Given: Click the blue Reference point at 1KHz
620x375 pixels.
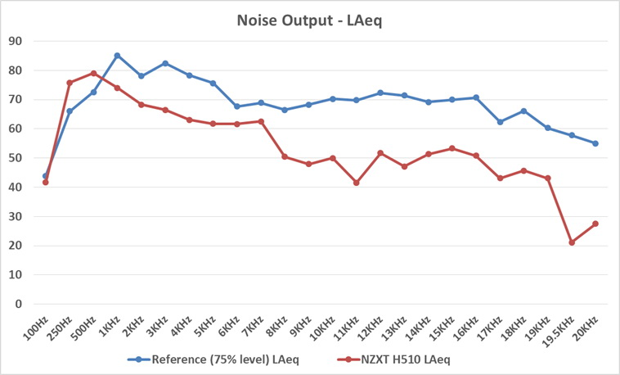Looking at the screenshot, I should (117, 56).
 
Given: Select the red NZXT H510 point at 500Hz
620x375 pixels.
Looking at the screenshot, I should (93, 73).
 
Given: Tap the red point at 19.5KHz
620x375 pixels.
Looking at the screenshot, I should (572, 242).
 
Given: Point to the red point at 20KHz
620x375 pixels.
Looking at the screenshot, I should (595, 224).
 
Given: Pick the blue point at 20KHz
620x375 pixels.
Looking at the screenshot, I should (595, 143).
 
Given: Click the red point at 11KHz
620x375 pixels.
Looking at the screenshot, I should (357, 183).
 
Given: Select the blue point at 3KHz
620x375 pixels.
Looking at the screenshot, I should (165, 63).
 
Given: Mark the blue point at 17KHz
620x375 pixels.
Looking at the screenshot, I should (500, 122).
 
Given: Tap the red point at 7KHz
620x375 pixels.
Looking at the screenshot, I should (261, 121).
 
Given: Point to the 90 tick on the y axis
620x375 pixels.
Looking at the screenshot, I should (15, 41).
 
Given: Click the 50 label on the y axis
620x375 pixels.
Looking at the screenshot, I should (15, 158).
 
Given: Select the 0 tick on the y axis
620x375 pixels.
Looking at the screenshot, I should (18, 304).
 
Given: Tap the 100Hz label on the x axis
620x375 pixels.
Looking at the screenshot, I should (36, 328).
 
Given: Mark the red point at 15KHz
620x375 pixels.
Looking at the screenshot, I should (452, 148).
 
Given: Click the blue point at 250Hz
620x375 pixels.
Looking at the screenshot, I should (70, 111).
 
